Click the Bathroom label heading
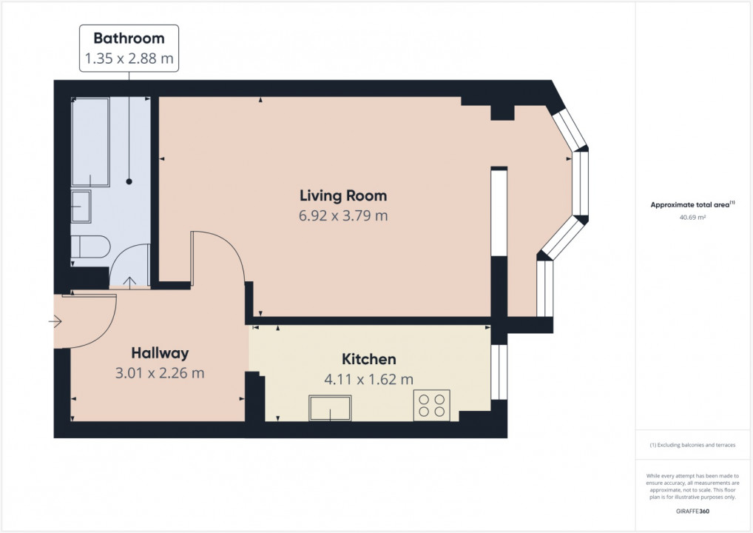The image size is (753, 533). (129, 38)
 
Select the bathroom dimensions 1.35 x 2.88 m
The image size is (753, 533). (129, 58)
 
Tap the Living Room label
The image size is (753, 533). (343, 195)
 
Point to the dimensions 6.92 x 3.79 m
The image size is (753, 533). (343, 216)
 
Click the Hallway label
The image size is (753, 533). (160, 353)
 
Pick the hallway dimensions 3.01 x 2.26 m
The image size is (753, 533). (160, 373)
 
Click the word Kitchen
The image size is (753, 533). (369, 359)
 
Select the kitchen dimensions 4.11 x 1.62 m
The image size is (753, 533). (369, 380)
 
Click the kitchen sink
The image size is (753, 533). (330, 408)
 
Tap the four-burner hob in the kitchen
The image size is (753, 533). (432, 405)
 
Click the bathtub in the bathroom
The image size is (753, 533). (90, 142)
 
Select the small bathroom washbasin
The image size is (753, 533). (81, 207)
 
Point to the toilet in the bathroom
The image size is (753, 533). (90, 247)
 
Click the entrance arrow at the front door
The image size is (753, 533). (55, 321)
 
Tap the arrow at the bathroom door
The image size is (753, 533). (129, 281)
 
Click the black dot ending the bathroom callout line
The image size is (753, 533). (129, 181)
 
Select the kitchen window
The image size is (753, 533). (499, 372)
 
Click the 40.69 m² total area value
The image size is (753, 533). (692, 217)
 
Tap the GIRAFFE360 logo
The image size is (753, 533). (692, 512)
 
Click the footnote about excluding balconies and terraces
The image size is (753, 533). (692, 445)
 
